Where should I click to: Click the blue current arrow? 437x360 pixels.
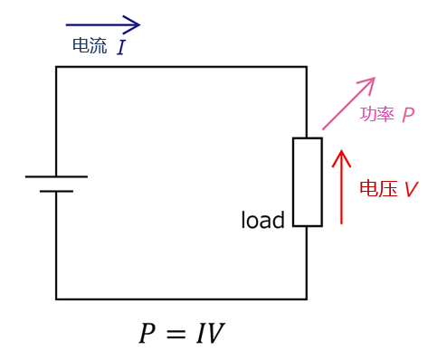tap(103, 24)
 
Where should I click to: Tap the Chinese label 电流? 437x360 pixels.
tap(89, 46)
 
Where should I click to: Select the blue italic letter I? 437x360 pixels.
tap(120, 48)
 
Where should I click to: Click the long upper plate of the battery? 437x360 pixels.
tap(56, 176)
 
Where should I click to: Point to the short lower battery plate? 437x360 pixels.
tap(56, 191)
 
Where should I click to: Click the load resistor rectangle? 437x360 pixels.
tap(307, 181)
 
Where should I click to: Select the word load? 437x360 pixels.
tap(262, 221)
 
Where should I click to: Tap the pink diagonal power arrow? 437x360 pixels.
tap(348, 103)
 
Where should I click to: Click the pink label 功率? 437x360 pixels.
tap(376, 115)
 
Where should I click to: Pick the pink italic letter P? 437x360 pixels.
tap(408, 115)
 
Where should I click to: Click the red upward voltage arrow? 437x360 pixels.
tap(341, 185)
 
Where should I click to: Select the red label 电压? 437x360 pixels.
tap(378, 189)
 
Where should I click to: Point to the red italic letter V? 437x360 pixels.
tap(411, 190)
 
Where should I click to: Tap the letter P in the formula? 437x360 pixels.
tap(147, 335)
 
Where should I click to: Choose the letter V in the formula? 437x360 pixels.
tap(214, 335)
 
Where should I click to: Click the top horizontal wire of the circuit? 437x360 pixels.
tap(181, 67)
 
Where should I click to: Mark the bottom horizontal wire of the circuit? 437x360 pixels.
tap(181, 298)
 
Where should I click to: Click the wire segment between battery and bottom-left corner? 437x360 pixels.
tap(56, 244)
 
